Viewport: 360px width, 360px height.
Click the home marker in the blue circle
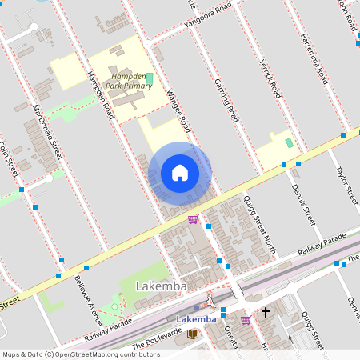tap(180, 173)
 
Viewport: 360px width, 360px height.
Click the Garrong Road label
tap(226, 99)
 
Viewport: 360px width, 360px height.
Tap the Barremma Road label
tap(314, 59)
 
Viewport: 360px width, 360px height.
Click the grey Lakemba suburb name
tap(161, 286)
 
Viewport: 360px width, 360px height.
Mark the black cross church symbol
tap(265, 313)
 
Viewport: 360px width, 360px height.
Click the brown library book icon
tap(192, 334)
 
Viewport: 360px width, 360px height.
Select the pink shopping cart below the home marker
tap(193, 219)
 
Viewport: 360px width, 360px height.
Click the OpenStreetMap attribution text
tap(80, 354)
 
